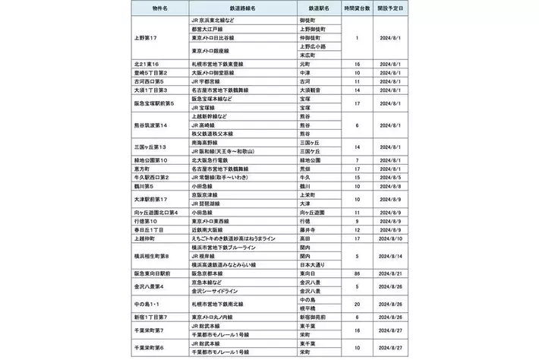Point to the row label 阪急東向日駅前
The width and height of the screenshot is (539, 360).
(x=156, y=273)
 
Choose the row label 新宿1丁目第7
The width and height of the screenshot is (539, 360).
(x=154, y=315)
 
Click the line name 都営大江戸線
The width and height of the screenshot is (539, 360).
(x=213, y=28)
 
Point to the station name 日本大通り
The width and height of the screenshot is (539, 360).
(x=312, y=264)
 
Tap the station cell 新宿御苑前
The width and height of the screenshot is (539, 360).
(x=312, y=315)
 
